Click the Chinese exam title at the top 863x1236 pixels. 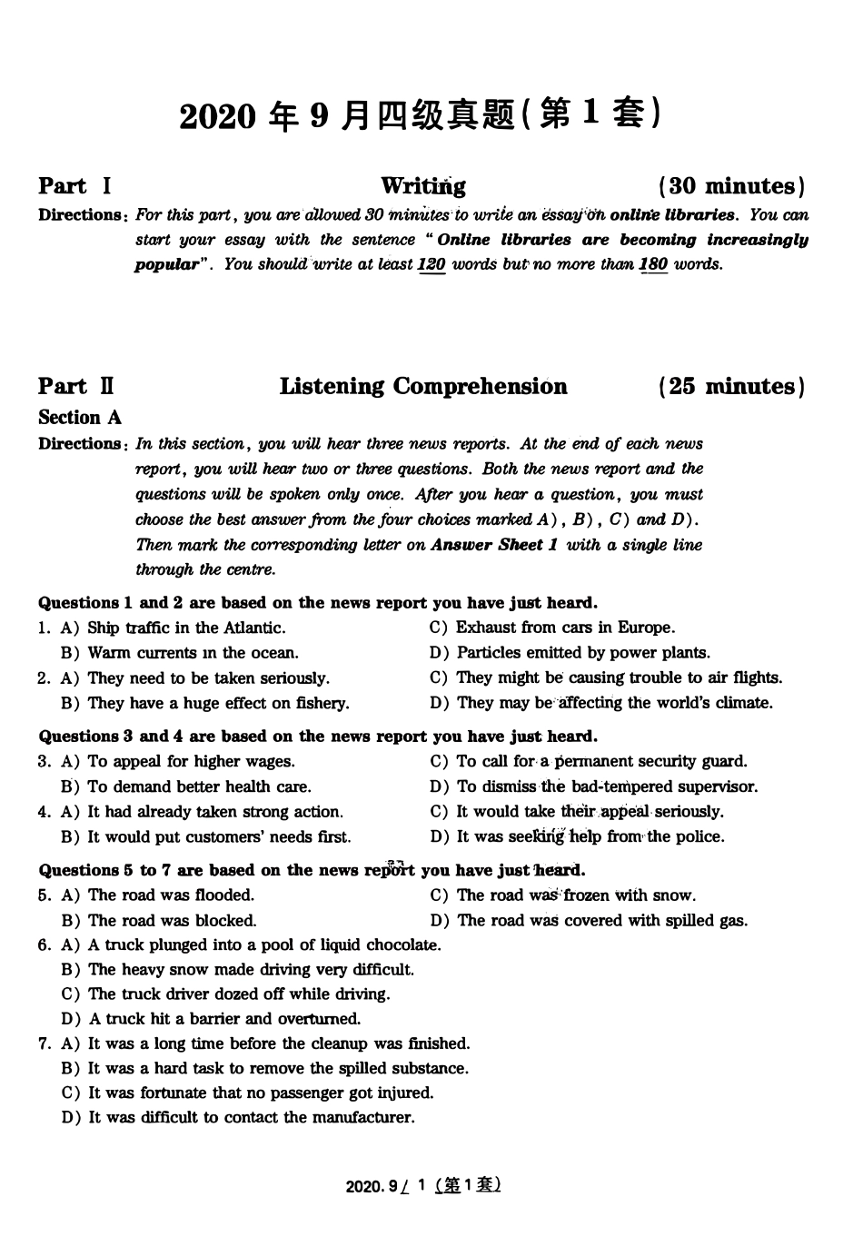pyautogui.click(x=420, y=115)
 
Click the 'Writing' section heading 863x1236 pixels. pyautogui.click(x=422, y=186)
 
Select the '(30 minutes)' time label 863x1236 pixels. pyautogui.click(x=731, y=186)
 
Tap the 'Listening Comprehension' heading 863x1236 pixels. pyautogui.click(x=422, y=386)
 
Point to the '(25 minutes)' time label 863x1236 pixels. pyautogui.click(x=731, y=386)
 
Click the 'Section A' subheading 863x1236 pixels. pyautogui.click(x=80, y=418)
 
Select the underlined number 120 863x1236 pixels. pyautogui.click(x=431, y=265)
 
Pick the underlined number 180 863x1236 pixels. pyautogui.click(x=653, y=265)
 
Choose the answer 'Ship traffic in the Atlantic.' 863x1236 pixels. pyautogui.click(x=186, y=628)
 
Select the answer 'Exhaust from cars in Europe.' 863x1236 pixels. pyautogui.click(x=565, y=628)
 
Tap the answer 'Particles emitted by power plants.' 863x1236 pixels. pyautogui.click(x=583, y=653)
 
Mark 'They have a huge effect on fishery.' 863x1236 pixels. pyautogui.click(x=218, y=703)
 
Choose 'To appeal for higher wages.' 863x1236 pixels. pyautogui.click(x=191, y=762)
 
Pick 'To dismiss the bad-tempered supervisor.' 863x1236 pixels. pyautogui.click(x=607, y=786)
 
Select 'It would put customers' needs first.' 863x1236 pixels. pyautogui.click(x=219, y=836)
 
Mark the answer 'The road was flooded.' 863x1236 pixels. pyautogui.click(x=171, y=895)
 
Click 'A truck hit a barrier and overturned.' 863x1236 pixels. pyautogui.click(x=224, y=1019)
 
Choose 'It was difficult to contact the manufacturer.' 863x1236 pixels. pyautogui.click(x=251, y=1118)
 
